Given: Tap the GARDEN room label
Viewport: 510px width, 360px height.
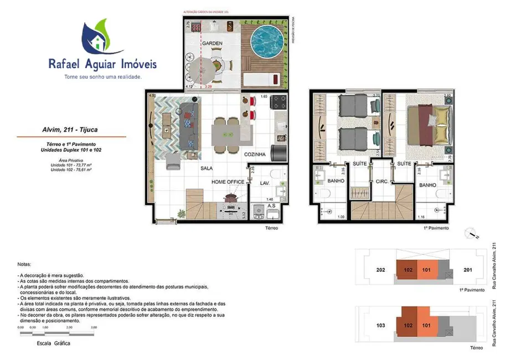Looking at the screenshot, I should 212,43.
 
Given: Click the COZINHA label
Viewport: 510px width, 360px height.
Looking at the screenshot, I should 255,155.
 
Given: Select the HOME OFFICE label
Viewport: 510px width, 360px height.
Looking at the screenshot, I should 228,182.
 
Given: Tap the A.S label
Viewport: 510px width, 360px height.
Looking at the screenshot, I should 271,205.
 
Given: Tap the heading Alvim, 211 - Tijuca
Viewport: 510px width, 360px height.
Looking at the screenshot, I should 71,131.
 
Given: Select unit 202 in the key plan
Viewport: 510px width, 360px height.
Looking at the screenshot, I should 380,270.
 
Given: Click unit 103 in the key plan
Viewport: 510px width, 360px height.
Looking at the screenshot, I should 380,326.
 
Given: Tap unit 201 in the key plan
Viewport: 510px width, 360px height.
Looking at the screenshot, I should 467,270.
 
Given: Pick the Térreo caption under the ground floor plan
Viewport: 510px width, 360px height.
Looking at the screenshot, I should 270,228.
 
